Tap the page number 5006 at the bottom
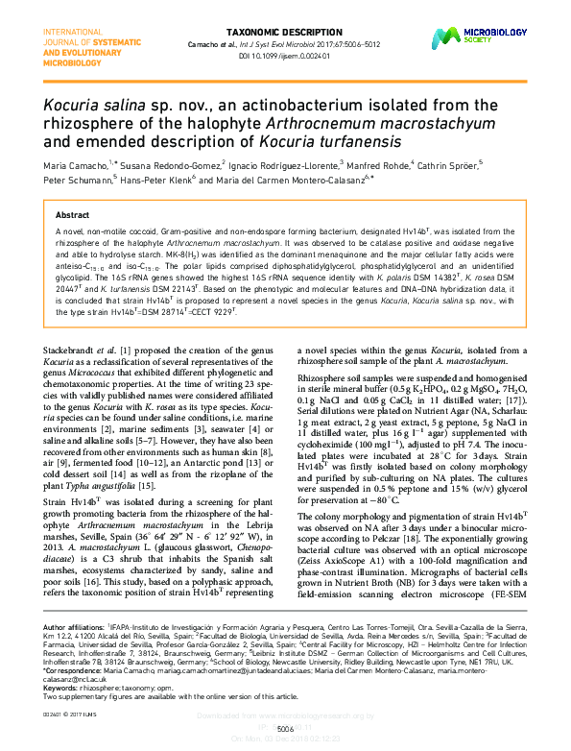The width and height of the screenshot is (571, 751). pyautogui.click(x=285, y=729)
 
